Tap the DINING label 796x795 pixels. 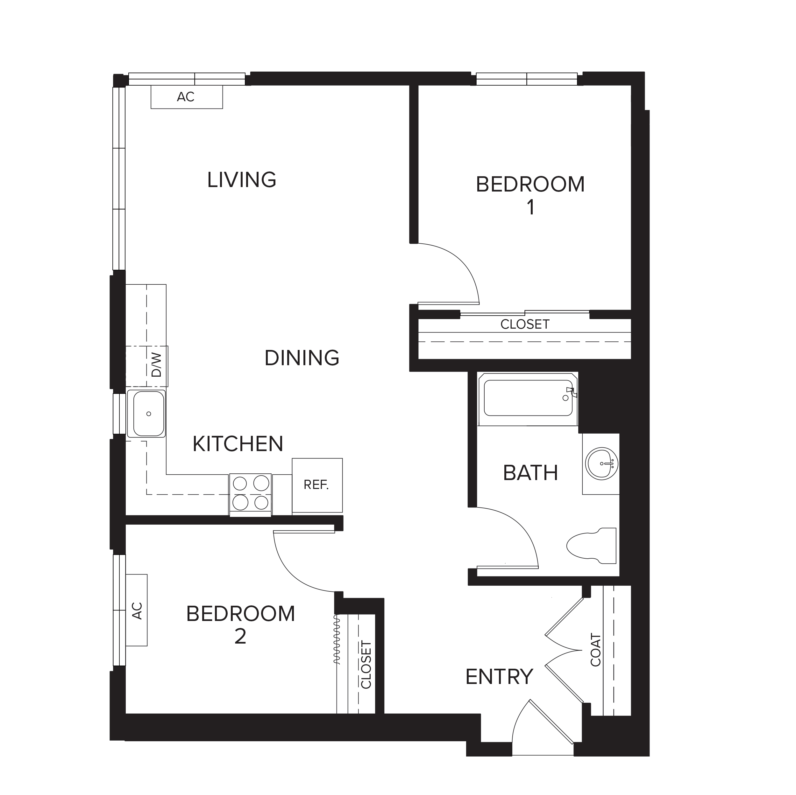tap(302, 358)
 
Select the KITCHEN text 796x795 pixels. tap(238, 444)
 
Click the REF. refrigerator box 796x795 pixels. tap(317, 485)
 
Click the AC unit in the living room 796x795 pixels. tap(187, 97)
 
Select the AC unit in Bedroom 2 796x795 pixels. tap(136, 610)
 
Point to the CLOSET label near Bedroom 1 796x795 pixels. tap(525, 324)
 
